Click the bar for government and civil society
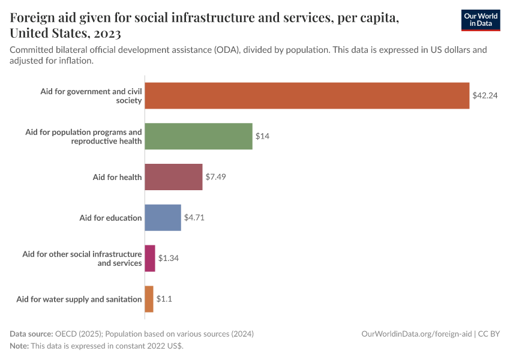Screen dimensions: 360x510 click(x=307, y=95)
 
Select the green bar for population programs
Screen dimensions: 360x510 click(x=198, y=136)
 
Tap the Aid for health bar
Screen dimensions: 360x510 click(x=173, y=177)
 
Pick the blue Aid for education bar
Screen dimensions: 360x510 click(x=163, y=218)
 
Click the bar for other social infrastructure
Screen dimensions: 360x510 click(x=150, y=258)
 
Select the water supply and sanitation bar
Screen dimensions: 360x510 click(x=149, y=299)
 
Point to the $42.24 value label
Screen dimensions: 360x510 click(x=485, y=95)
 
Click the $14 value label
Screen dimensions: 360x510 click(x=262, y=136)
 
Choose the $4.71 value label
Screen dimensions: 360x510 click(x=194, y=218)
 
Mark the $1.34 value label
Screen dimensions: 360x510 click(x=169, y=258)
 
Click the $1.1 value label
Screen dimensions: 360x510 click(x=165, y=299)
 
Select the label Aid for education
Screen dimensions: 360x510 click(x=110, y=218)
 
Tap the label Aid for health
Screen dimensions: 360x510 click(x=117, y=177)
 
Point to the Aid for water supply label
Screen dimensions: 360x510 click(x=79, y=299)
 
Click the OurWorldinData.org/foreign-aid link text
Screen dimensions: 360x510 click(x=416, y=334)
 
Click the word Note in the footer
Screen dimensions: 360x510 click(x=19, y=346)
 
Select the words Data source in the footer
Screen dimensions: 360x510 click(x=31, y=334)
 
